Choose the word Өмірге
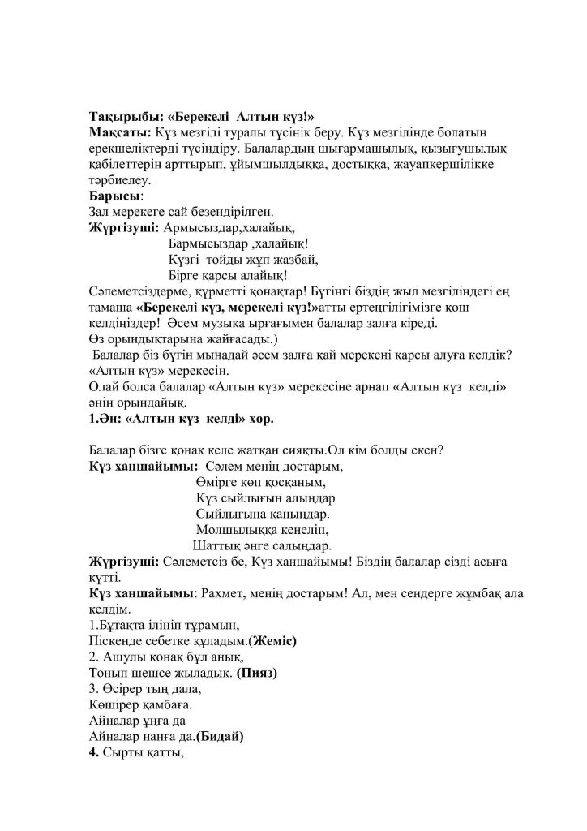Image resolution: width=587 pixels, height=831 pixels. (212, 482)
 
